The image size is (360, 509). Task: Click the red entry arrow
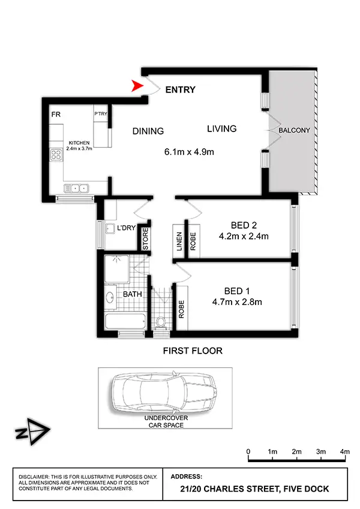coord(139,88)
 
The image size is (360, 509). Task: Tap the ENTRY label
coord(180,90)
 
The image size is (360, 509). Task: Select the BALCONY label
coord(293,130)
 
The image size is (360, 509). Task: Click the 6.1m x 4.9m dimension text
coord(189,151)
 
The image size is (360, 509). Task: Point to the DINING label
coord(148,131)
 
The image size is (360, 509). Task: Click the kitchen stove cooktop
coord(58,155)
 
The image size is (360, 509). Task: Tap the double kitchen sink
coord(78,188)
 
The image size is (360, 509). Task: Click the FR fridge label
coord(55,114)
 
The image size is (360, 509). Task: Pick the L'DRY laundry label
coord(125,229)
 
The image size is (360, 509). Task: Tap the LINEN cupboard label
coord(179,240)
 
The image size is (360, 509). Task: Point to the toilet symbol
coord(161,323)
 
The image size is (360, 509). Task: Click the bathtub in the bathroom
coord(125,321)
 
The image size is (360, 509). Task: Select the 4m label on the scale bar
coord(344,451)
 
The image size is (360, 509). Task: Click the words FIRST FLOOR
coord(192,351)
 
